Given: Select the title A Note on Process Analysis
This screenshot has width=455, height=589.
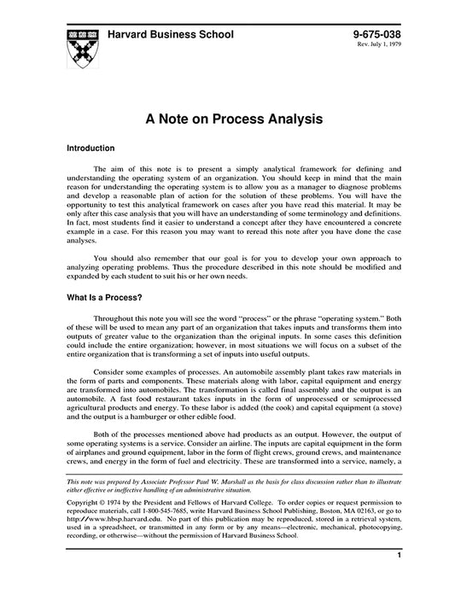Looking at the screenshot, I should [x=227, y=118].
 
